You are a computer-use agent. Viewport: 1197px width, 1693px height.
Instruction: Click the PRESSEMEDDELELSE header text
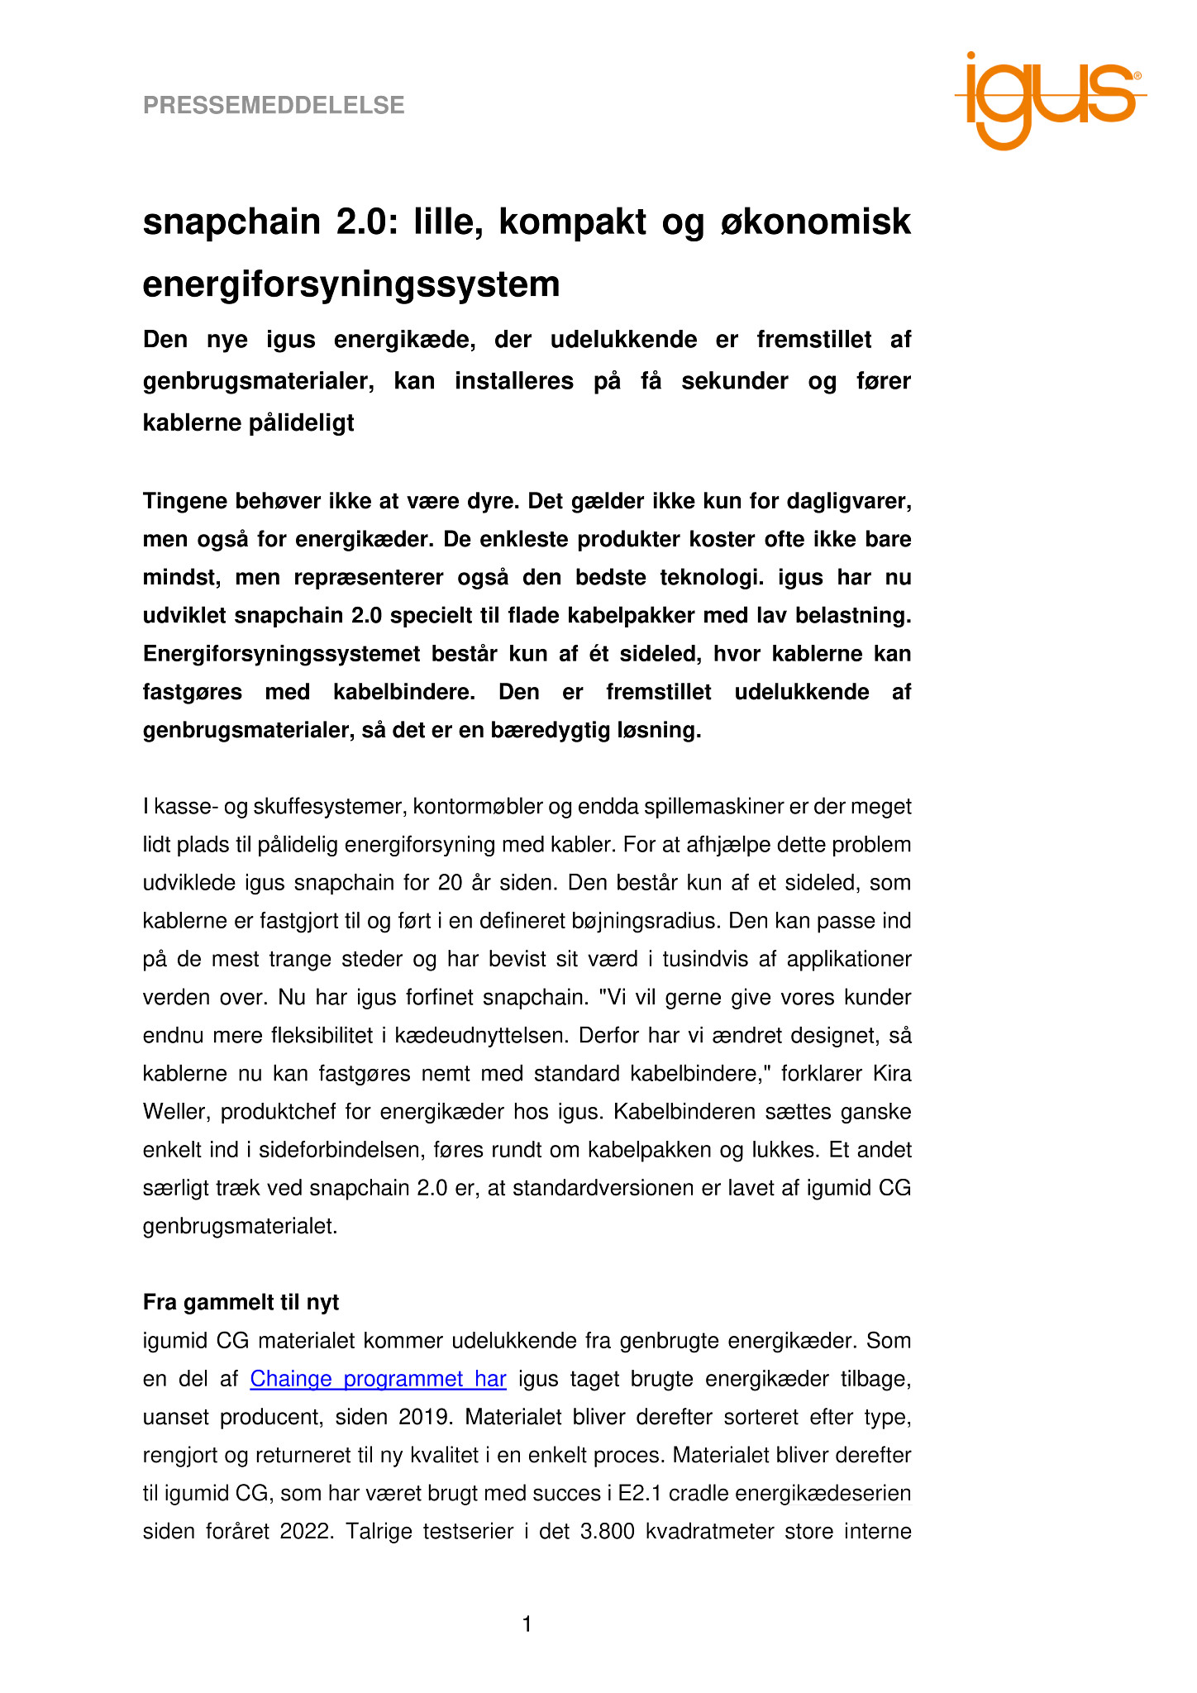pos(274,106)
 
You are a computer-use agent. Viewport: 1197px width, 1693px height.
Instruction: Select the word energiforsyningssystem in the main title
pos(351,284)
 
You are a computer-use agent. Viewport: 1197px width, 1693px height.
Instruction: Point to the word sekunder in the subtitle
pos(734,381)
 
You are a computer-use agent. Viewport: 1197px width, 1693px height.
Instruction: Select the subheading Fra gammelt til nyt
pos(241,1303)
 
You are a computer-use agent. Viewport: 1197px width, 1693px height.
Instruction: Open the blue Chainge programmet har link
pos(378,1379)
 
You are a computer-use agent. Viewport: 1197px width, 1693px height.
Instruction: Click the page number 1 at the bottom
pos(527,1625)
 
